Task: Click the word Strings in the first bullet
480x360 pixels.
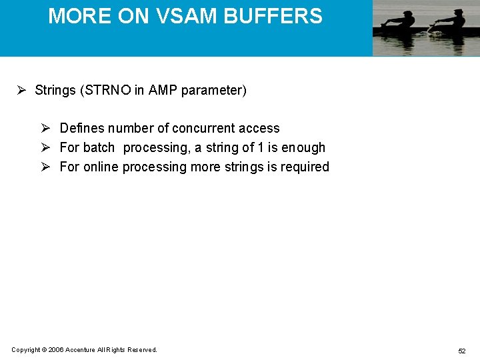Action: [55, 90]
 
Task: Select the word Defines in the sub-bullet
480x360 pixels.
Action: [82, 128]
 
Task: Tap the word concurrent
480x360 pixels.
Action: [199, 128]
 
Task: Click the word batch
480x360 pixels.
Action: [99, 147]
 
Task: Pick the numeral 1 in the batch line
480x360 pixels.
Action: [261, 147]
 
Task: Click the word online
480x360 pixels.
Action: [101, 167]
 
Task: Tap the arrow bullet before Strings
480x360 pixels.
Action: [21, 90]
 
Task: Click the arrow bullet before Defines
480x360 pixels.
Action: [46, 128]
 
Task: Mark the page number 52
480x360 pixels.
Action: [461, 351]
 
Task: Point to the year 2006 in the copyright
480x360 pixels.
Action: [55, 350]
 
